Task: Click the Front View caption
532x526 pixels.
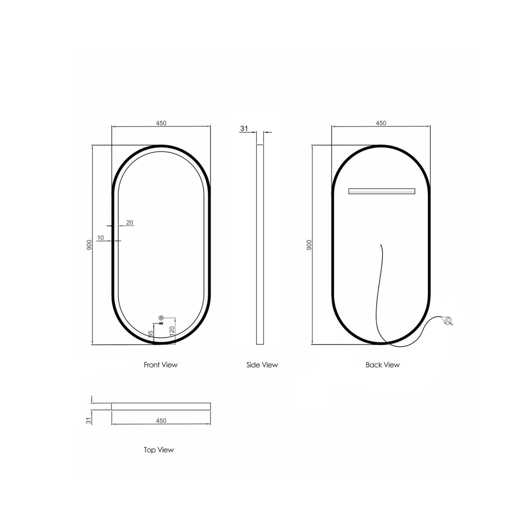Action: point(160,365)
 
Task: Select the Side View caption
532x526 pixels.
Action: point(262,365)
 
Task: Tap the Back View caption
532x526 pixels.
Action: point(383,365)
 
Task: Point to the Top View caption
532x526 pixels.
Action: point(158,450)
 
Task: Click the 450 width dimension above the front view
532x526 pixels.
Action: point(161,123)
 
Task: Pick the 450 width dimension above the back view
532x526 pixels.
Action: point(381,123)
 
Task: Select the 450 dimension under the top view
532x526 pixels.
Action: point(161,421)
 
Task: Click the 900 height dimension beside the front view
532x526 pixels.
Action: point(89,245)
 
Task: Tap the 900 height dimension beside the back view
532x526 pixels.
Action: point(309,245)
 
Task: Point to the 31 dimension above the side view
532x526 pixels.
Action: point(244,129)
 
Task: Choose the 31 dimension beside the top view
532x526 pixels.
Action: point(89,421)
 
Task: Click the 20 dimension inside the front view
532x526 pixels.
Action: point(130,223)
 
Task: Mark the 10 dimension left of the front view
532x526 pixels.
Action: point(101,238)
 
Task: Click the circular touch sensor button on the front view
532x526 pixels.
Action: point(161,317)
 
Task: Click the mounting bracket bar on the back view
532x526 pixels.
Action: point(381,191)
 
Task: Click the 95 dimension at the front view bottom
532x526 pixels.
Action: point(150,334)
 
